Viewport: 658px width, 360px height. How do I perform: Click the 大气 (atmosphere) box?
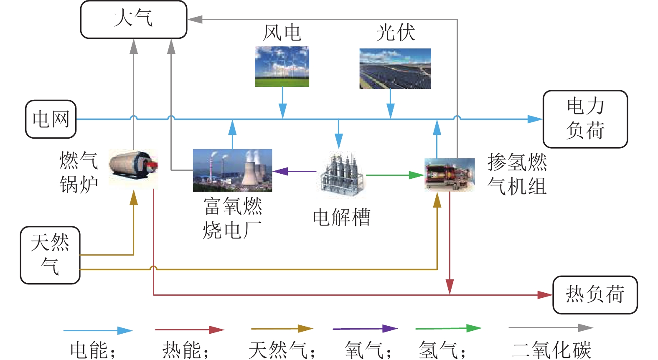(133, 20)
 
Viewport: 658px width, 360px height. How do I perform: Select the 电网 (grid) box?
(51, 119)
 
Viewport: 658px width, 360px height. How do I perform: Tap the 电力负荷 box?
(585, 119)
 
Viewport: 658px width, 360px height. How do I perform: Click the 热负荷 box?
(595, 295)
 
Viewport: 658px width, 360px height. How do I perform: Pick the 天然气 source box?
(50, 255)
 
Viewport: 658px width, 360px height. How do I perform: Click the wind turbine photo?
(282, 67)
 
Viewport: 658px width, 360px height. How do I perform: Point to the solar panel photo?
(395, 68)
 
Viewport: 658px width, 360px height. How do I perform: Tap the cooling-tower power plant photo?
(232, 170)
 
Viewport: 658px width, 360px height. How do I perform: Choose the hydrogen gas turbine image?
(450, 175)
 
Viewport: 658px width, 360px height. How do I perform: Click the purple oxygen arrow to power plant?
(294, 171)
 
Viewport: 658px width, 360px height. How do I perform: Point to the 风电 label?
(282, 33)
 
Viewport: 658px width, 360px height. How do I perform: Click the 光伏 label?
(395, 33)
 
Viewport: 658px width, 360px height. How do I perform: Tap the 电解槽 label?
(342, 218)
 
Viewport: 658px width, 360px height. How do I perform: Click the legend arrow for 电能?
(98, 331)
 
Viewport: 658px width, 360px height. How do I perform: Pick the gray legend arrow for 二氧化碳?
(551, 328)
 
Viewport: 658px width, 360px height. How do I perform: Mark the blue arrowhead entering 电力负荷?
(535, 119)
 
